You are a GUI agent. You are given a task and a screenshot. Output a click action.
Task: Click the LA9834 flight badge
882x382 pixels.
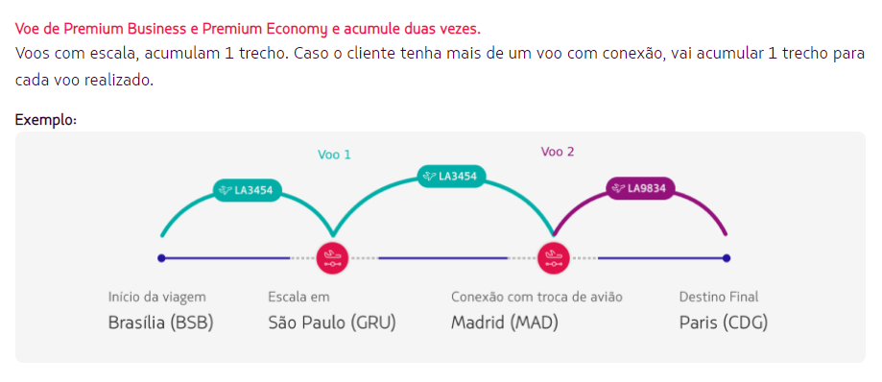point(640,188)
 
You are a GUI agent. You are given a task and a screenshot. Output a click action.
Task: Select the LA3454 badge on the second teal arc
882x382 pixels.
point(451,176)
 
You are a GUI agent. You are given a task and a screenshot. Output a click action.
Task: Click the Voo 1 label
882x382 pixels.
point(334,154)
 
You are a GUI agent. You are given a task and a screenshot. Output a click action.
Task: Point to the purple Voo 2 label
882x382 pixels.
point(558,152)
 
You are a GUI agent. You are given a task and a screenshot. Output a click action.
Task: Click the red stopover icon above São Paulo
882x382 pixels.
point(333,257)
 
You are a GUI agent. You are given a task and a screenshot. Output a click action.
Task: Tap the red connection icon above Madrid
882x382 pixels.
point(553,257)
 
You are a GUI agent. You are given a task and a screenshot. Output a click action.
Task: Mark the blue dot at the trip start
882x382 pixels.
point(161,257)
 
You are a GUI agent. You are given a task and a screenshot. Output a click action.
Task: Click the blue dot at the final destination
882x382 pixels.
point(727,257)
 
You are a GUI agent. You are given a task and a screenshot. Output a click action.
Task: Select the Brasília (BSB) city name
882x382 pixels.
point(160,322)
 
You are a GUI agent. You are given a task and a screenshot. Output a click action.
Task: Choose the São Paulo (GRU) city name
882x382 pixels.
point(331,322)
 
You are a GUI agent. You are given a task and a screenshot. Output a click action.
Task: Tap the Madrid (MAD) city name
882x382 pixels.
point(504,322)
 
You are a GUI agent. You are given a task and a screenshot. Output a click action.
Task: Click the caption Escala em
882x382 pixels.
point(298,298)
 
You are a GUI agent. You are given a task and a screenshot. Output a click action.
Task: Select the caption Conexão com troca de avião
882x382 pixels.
point(536,298)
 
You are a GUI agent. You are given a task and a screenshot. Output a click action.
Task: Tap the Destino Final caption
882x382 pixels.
point(718,298)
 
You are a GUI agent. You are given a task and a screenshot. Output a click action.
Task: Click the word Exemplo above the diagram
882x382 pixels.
point(45,120)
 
